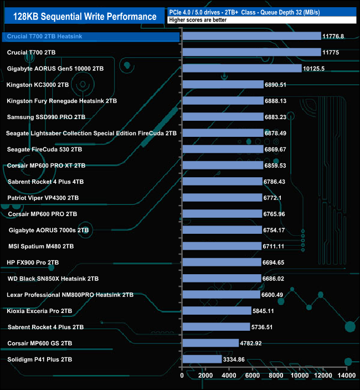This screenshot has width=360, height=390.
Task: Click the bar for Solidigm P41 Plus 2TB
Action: tap(202, 359)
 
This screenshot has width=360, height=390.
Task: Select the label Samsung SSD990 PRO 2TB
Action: tap(46, 117)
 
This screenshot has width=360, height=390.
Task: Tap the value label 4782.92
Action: tap(251, 343)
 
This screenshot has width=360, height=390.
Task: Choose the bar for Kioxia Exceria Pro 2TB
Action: tap(217, 311)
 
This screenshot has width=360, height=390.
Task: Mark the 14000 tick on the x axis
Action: tap(347, 376)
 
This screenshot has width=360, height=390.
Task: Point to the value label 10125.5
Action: tap(316, 69)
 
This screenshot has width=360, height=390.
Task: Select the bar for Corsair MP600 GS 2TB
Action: tap(210, 343)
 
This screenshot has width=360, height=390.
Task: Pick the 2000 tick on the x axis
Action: tap(205, 376)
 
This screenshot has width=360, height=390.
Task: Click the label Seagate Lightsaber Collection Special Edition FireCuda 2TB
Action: tap(91, 134)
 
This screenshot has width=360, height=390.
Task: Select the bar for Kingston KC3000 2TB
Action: tap(223, 85)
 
